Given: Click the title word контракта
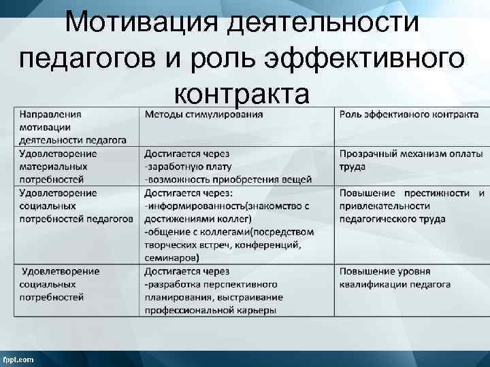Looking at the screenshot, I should [242, 92].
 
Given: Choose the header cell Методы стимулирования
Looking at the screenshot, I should [203, 114].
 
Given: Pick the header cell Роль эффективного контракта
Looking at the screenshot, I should [408, 114].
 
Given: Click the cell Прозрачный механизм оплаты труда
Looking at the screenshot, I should [410, 160].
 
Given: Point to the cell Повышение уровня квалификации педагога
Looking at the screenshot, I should [395, 277].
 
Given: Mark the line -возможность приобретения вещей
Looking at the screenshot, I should [228, 179].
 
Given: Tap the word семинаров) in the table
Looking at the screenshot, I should [171, 258].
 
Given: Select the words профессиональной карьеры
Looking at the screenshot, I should [210, 310].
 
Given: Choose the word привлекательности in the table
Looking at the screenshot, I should [385, 206].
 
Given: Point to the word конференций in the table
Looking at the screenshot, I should [269, 245].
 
